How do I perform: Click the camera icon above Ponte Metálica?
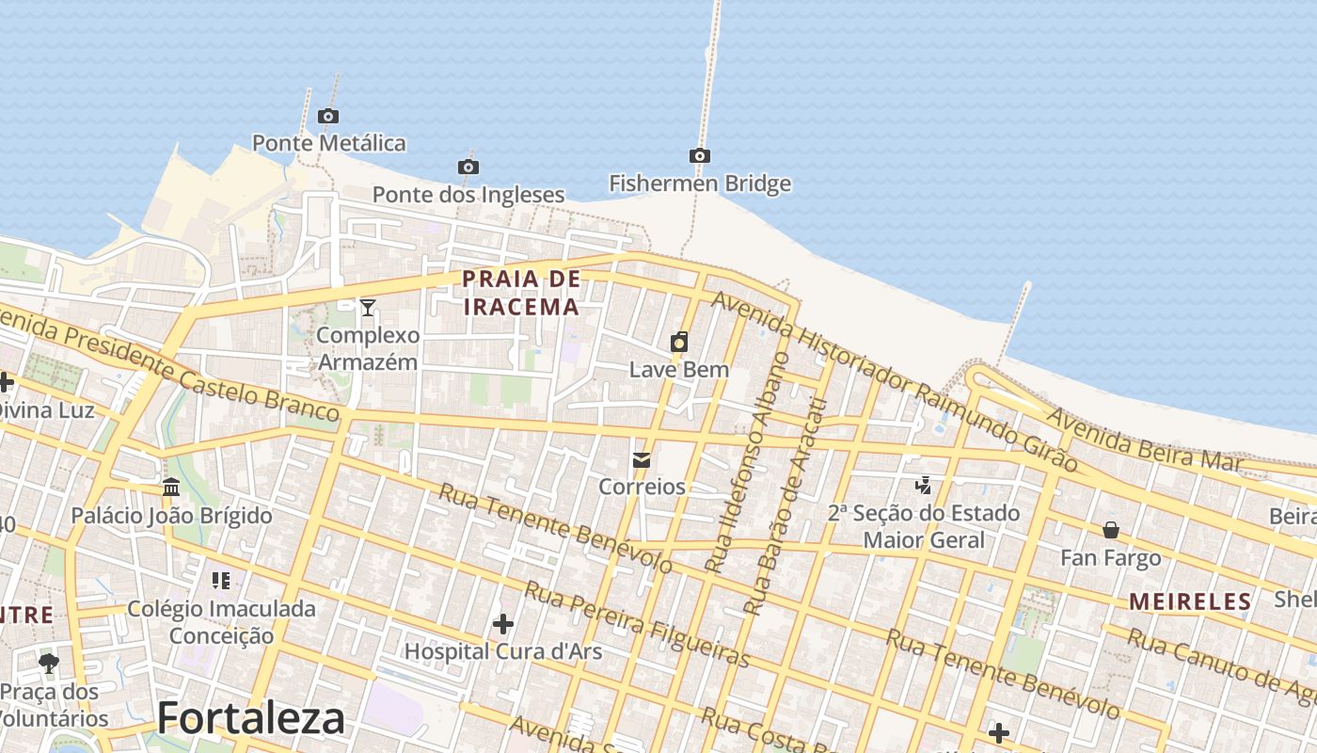(x=327, y=117)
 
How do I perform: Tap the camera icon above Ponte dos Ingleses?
(x=468, y=168)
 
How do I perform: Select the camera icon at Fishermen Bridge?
(x=699, y=156)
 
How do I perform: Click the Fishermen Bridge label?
(x=700, y=184)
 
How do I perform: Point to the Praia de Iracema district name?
(x=521, y=293)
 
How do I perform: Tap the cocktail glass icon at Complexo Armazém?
(x=368, y=308)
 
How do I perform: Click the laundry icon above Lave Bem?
(x=679, y=342)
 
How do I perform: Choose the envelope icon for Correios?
(x=642, y=460)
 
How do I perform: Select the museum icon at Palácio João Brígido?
(x=171, y=488)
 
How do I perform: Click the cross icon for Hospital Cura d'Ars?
(x=503, y=624)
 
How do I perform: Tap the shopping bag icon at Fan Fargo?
(x=1111, y=530)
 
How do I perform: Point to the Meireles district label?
(x=1190, y=601)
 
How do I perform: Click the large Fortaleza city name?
(x=251, y=719)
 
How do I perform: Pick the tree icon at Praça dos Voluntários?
(x=49, y=664)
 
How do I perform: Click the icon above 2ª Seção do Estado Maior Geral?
(x=924, y=486)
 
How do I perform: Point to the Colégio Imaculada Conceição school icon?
(x=221, y=581)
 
